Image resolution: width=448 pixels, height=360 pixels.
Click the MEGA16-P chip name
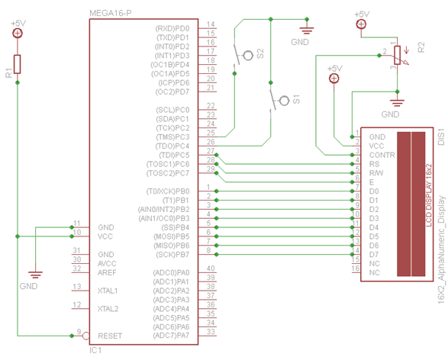110,13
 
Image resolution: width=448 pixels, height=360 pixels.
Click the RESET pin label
110,336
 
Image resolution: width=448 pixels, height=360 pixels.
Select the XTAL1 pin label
108,291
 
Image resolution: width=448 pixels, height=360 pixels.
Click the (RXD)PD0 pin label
172,27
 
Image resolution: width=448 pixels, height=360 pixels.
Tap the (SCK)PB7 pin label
172,254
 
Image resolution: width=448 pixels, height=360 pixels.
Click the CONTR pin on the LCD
382,155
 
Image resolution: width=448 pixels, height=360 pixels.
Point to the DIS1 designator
441,137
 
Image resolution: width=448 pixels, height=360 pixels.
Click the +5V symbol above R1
18,33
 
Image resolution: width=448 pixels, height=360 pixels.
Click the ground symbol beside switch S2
306,31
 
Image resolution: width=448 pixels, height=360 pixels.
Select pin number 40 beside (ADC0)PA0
210,268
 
